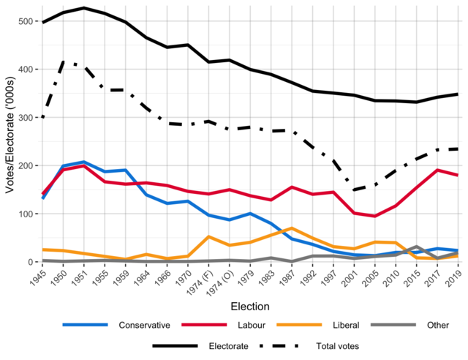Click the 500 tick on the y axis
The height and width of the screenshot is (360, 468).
click(x=26, y=21)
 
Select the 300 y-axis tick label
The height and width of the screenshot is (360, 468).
click(x=26, y=118)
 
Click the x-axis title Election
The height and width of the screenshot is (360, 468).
click(x=250, y=306)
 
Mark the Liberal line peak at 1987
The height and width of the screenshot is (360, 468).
click(x=292, y=228)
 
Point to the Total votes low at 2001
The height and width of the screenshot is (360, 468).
click(x=355, y=190)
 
